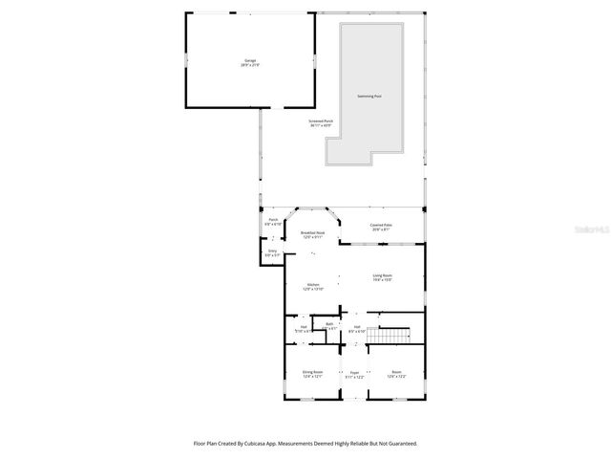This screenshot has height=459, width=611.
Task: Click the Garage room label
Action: [x=250, y=61]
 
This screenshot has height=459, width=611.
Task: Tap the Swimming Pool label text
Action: [x=370, y=97]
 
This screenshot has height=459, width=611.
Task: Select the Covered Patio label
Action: [x=382, y=227]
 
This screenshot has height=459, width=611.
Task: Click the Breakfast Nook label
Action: [x=313, y=234]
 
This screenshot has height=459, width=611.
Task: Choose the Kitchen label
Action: [x=313, y=285]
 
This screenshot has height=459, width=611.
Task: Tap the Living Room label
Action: [x=382, y=277]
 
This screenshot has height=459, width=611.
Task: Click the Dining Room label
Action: [x=313, y=374]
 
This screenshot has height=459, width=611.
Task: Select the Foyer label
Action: [x=354, y=374]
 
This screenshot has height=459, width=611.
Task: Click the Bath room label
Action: [x=328, y=325]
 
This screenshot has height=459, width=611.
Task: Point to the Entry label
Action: [x=272, y=252]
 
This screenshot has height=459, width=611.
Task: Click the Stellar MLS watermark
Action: [x=592, y=230]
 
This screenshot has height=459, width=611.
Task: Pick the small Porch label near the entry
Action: [x=273, y=221]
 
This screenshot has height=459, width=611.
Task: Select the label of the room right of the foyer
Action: [x=396, y=374]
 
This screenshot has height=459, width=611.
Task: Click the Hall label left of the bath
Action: [x=304, y=329]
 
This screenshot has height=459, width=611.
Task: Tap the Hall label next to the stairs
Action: [x=357, y=329]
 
